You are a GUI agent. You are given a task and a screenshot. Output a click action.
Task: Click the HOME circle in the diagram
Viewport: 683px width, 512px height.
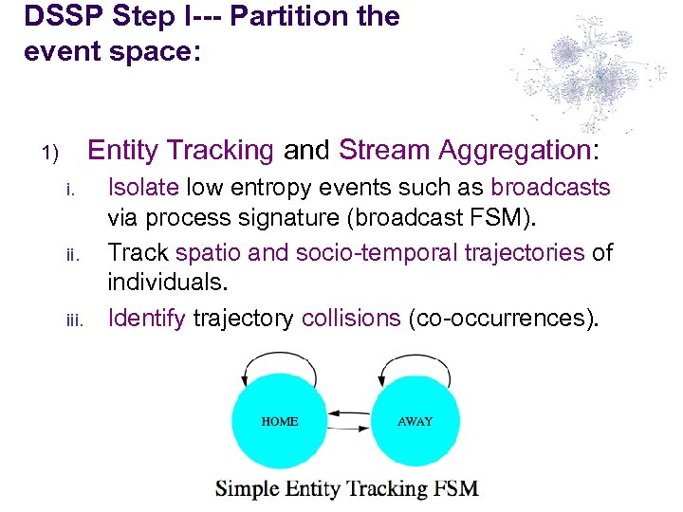tap(279, 421)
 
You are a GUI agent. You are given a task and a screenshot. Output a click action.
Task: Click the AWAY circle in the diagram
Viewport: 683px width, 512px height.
tap(415, 421)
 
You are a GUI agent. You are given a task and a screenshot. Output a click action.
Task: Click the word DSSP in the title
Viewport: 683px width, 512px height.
tap(60, 16)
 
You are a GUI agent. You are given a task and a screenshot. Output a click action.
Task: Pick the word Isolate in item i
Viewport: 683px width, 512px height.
tap(144, 188)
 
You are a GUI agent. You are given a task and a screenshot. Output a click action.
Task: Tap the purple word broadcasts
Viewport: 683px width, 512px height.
tap(550, 188)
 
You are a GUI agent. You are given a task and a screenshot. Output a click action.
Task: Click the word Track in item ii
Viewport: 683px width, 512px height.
tap(138, 252)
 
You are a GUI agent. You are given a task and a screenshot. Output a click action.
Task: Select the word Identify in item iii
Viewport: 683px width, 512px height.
tap(147, 318)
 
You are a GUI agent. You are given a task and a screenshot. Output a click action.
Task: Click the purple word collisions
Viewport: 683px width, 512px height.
tap(351, 318)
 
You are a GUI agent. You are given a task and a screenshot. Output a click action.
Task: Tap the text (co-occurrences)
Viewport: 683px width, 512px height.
tap(504, 318)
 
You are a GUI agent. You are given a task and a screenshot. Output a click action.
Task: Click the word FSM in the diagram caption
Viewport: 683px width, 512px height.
tap(456, 489)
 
